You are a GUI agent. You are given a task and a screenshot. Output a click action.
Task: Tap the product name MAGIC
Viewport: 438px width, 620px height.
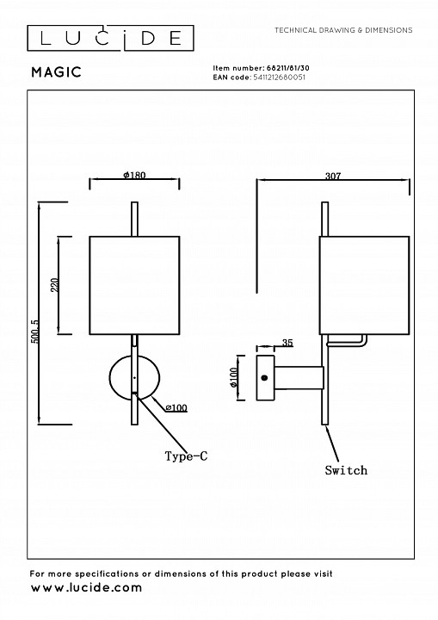tap(57, 73)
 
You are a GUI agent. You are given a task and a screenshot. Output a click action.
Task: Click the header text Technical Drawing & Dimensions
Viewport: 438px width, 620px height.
tap(342, 30)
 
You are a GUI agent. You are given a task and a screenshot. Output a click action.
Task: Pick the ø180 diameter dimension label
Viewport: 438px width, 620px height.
tap(134, 175)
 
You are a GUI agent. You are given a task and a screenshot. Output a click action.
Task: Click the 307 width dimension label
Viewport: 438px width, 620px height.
tap(334, 176)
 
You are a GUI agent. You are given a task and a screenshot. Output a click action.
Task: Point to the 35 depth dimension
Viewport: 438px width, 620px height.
tap(287, 343)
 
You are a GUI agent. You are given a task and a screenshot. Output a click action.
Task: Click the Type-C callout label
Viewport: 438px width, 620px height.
tap(186, 456)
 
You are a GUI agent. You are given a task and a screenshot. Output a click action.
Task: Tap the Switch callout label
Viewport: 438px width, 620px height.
tap(346, 470)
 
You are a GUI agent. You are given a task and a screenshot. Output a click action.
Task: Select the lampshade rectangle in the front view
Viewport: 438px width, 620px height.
tap(134, 284)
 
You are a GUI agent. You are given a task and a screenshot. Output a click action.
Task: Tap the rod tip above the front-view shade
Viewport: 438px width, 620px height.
tap(133, 207)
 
